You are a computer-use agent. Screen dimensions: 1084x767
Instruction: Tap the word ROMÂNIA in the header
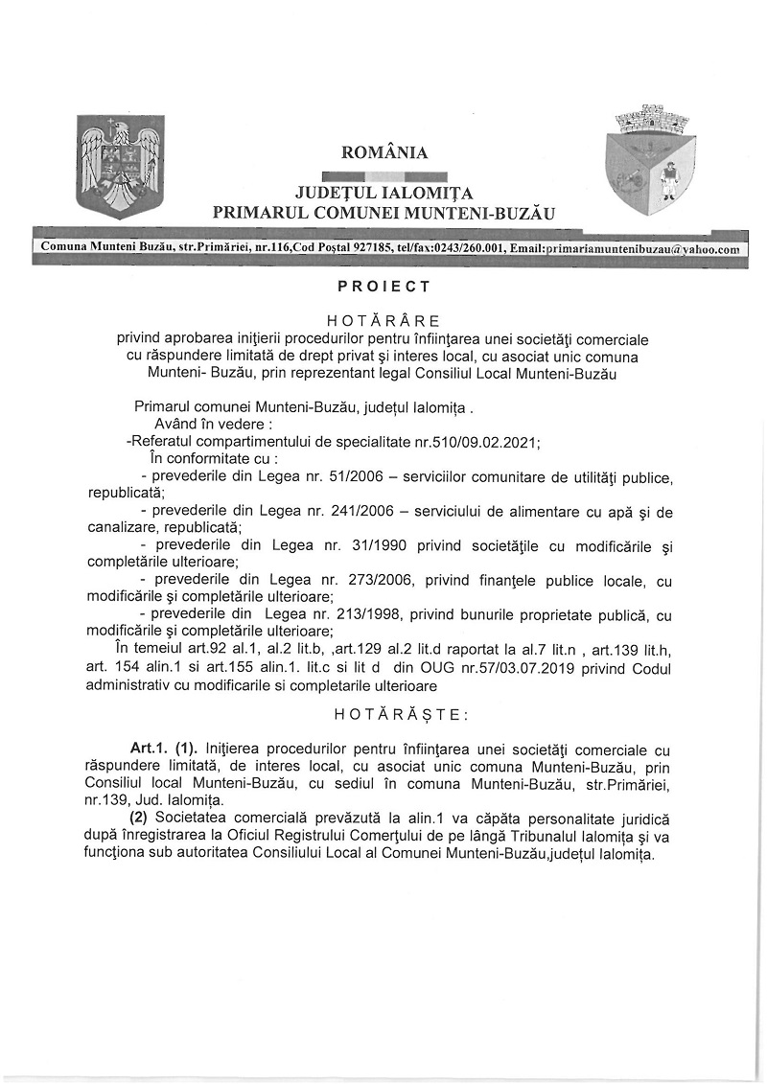(x=384, y=152)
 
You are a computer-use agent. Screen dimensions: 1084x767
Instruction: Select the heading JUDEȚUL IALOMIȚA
(x=384, y=193)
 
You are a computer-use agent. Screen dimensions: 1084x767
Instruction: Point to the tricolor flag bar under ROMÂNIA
(x=384, y=174)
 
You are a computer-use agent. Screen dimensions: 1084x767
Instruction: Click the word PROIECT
(x=383, y=286)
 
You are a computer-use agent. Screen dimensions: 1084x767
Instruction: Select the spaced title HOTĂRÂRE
(x=383, y=320)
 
